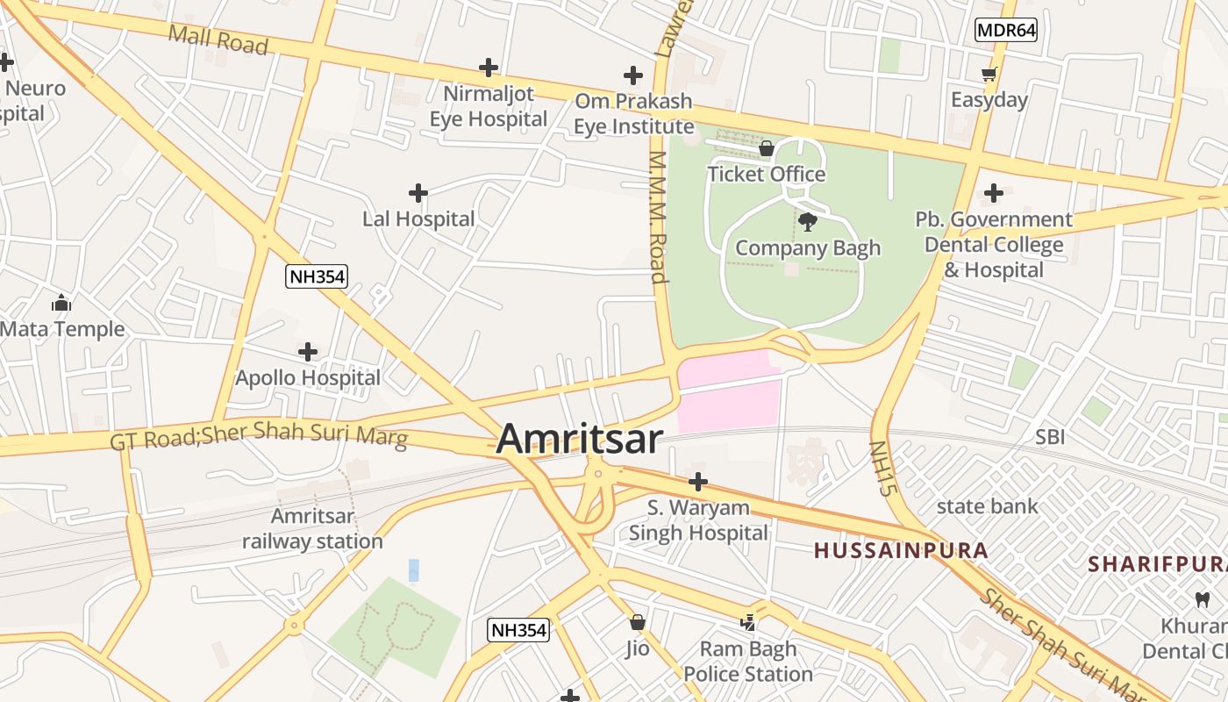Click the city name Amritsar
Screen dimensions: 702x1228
[x=579, y=439]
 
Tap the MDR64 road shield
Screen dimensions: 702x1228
[x=1006, y=30]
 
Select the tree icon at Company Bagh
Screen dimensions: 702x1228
[x=808, y=221]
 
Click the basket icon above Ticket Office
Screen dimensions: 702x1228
[x=766, y=148]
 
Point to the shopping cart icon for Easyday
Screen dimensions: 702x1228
[x=989, y=75]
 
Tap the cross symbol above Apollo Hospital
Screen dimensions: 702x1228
[x=308, y=352]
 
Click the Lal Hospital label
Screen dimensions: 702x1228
[x=418, y=218]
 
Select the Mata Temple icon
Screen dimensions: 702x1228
[x=61, y=304]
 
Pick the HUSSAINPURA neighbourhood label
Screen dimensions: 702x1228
[x=901, y=551]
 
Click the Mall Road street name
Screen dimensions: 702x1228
[x=218, y=39]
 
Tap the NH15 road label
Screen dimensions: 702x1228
[x=882, y=468]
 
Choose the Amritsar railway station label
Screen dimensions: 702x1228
[x=312, y=528]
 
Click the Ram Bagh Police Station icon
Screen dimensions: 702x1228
[x=748, y=622]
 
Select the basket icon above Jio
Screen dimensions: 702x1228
[x=638, y=622]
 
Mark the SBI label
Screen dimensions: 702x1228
[x=1050, y=436]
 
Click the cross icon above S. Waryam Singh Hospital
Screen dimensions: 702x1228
[x=698, y=481]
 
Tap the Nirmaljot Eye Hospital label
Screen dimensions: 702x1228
[x=488, y=105]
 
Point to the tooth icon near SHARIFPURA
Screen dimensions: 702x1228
[x=1203, y=600]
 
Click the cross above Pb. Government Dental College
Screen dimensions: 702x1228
[x=994, y=192]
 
